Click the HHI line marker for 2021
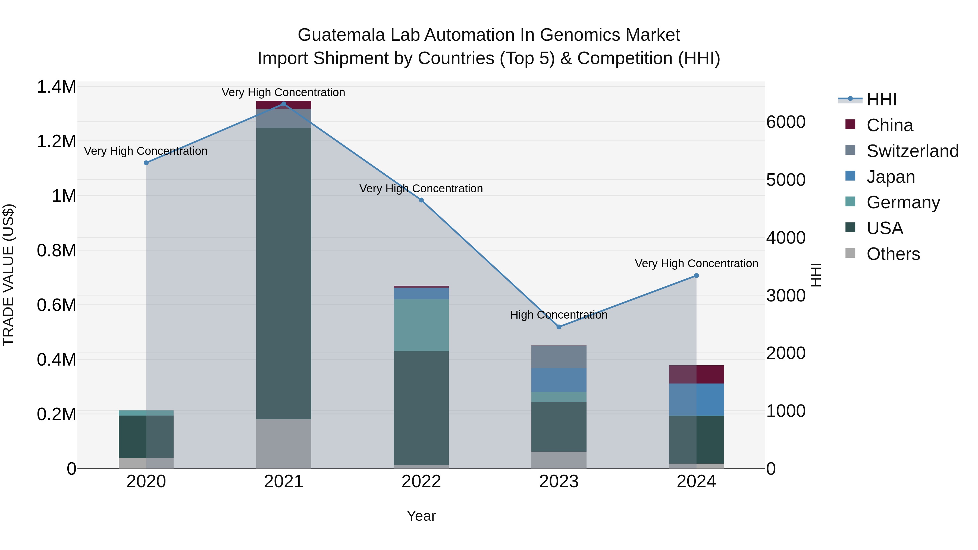click(284, 104)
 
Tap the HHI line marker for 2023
click(559, 327)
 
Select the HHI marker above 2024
click(696, 276)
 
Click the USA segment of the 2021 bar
click(284, 273)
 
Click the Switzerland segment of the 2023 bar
click(559, 357)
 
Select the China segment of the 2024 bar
click(696, 374)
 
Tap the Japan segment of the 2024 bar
click(696, 400)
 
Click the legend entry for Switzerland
click(912, 151)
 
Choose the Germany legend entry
click(903, 202)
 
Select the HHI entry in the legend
click(881, 99)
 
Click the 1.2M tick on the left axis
click(56, 142)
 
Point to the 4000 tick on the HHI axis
click(785, 238)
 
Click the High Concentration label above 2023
click(559, 315)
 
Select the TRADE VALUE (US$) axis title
click(8, 275)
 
